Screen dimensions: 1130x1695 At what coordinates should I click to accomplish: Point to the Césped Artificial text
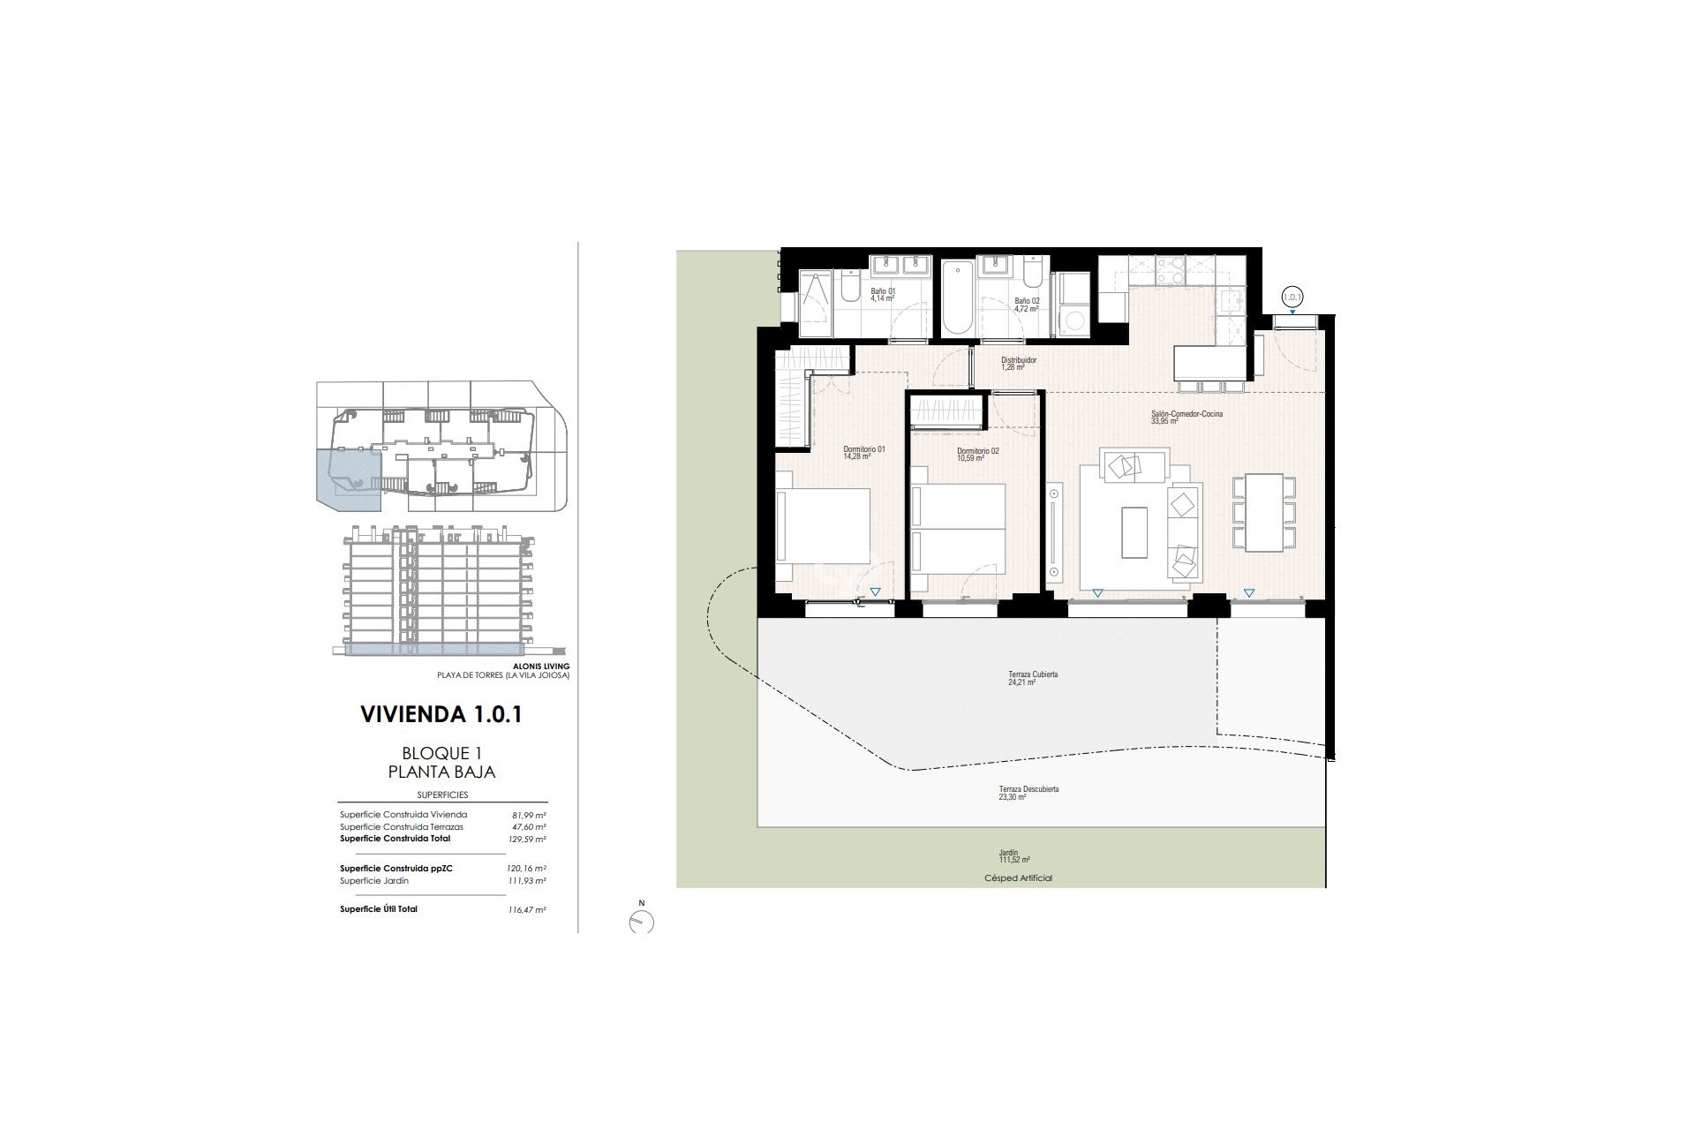pos(1018,878)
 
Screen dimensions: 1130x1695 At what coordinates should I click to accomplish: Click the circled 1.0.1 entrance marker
pos(1292,298)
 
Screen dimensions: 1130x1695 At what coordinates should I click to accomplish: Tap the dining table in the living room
pos(1264,512)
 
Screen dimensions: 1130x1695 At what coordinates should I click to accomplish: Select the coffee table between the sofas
pos(1134,531)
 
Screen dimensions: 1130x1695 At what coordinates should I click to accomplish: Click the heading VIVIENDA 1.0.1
pos(441,714)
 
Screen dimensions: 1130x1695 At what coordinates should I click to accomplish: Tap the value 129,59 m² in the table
pos(529,839)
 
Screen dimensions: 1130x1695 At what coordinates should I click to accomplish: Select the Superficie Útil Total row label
pos(379,908)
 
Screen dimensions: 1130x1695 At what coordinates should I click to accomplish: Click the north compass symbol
pos(642,921)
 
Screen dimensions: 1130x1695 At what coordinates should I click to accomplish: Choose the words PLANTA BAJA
pos(441,772)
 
